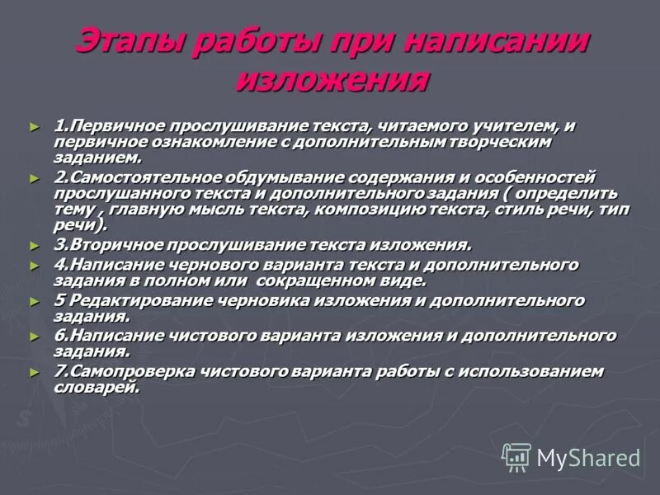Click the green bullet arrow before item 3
click(x=34, y=246)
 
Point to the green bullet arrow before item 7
click(x=34, y=372)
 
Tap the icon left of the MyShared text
click(x=516, y=456)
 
